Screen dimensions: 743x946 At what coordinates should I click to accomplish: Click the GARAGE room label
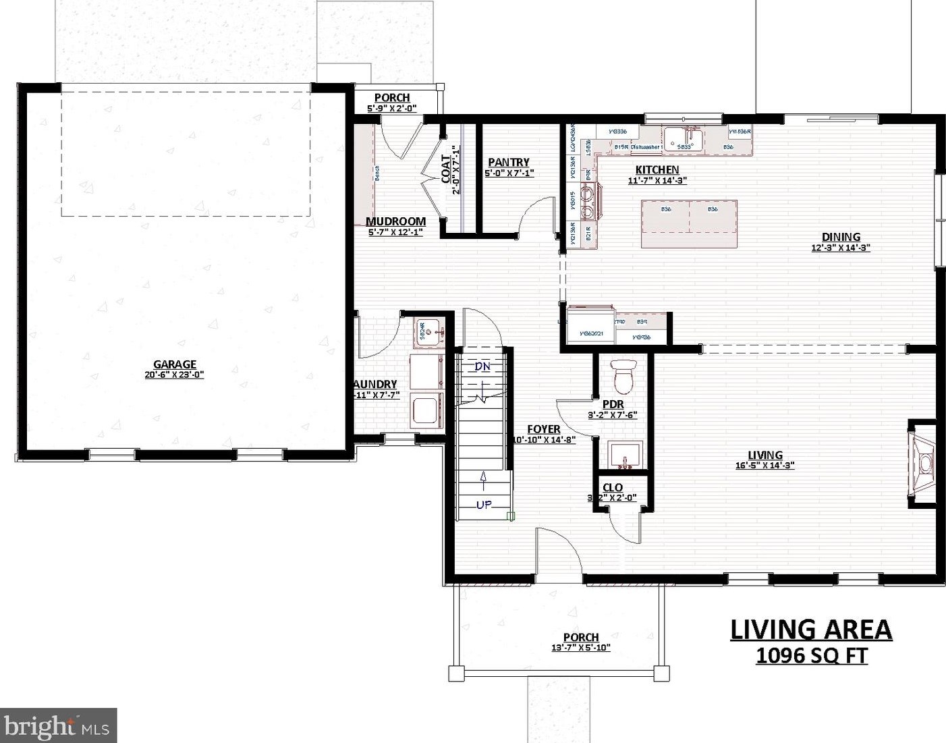point(174,364)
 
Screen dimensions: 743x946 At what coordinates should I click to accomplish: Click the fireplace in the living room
point(924,463)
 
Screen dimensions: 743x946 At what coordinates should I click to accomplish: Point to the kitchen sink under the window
point(683,140)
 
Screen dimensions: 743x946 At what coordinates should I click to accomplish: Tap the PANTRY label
point(509,162)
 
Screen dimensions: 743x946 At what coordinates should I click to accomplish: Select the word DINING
point(841,237)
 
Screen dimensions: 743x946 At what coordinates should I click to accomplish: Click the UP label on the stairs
point(484,504)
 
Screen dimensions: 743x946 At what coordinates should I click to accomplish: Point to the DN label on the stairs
point(482,366)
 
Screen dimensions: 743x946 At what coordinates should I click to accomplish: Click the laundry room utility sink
point(427,332)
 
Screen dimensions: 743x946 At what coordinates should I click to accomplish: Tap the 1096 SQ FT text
point(811,655)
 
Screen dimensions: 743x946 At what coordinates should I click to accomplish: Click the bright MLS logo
point(58,725)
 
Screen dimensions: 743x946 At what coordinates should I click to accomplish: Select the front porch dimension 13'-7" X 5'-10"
point(580,648)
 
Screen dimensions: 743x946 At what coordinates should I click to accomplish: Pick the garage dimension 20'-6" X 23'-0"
point(174,375)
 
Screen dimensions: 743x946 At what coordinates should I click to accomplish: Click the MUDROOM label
point(395,221)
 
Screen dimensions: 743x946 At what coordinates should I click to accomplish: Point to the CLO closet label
point(613,487)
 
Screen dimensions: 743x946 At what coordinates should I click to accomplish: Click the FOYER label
point(543,429)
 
